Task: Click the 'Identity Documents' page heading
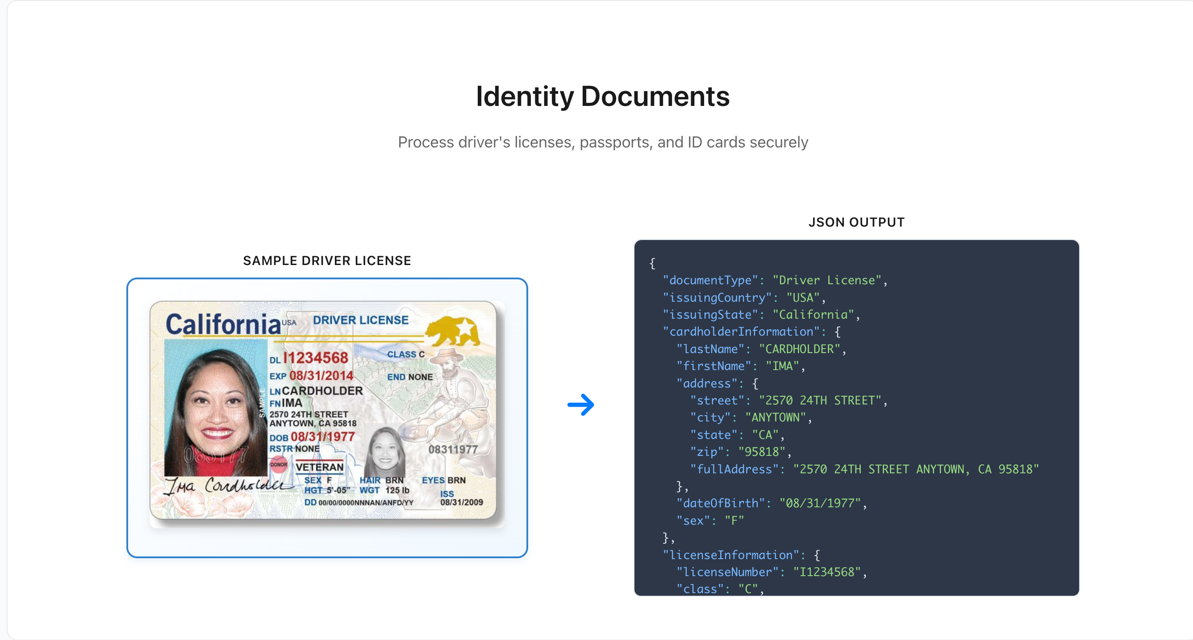pos(602,97)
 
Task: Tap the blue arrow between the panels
pos(581,404)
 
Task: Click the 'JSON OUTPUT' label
pos(856,222)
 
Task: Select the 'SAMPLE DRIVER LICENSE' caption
pos(327,261)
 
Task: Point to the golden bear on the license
pos(453,330)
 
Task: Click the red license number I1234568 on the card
pos(315,358)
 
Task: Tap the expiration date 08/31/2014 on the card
pos(321,375)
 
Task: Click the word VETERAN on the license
pos(320,467)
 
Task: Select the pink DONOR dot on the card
pos(279,464)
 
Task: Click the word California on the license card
pos(223,324)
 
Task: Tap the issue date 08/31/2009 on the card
pos(461,502)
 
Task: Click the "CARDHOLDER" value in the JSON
pos(799,349)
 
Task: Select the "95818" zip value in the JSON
pos(761,452)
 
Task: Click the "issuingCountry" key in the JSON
pos(717,298)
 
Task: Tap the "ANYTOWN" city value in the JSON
pos(775,417)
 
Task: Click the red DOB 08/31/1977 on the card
pos(322,437)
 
